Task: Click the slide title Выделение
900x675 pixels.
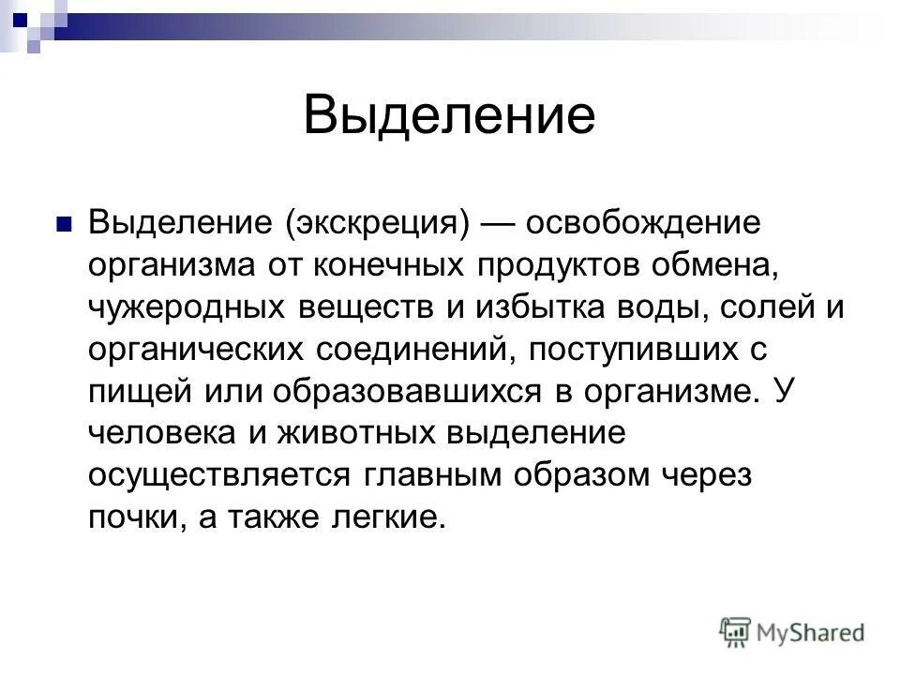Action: (449, 116)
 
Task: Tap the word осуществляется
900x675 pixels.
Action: (218, 475)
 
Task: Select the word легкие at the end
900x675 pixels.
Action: (381, 517)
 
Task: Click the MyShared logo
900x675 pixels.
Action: (793, 630)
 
